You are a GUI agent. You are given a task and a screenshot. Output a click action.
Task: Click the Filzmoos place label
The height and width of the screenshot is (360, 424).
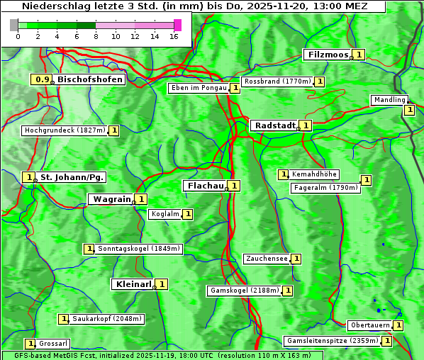(327, 55)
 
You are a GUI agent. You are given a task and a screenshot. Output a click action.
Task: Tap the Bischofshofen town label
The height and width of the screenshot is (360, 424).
(90, 79)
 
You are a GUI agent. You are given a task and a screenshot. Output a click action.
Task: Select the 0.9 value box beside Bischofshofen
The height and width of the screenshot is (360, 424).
(43, 79)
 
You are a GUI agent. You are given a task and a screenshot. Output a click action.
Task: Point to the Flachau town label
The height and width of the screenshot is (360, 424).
(204, 186)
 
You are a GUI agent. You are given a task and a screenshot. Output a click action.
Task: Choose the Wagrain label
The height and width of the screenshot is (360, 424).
(112, 199)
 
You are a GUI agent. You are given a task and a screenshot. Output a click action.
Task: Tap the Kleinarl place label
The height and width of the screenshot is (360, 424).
(133, 284)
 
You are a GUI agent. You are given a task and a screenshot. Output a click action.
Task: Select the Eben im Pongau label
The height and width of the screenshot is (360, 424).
(199, 88)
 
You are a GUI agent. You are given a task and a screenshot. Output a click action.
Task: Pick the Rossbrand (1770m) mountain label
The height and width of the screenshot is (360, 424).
(277, 81)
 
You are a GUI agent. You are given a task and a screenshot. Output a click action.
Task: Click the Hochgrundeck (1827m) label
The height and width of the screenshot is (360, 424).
(65, 130)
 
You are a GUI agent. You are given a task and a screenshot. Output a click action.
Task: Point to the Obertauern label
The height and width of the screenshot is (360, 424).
(369, 325)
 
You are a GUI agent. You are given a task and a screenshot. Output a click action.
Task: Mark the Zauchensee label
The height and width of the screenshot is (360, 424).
(267, 259)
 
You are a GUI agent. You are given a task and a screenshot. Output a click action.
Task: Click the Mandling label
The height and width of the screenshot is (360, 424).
(389, 100)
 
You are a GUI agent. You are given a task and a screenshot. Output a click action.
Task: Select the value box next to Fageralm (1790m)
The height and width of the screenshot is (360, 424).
(367, 181)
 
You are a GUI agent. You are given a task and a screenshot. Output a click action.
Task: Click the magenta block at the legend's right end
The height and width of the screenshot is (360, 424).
(177, 25)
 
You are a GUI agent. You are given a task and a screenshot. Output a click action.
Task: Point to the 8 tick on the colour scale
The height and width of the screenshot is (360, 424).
(96, 35)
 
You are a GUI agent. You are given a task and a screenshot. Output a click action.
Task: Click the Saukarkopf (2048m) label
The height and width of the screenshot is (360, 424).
(107, 319)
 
